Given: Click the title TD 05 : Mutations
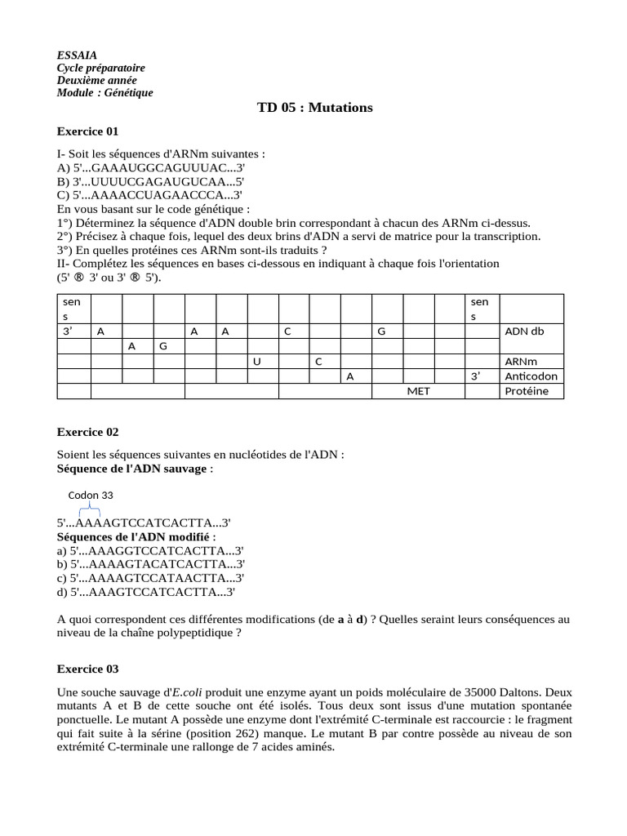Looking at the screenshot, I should point(314,108).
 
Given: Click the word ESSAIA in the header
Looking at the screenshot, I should point(77,55).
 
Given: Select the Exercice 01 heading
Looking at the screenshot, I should point(88,131).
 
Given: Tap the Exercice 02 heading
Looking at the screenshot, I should point(88,432).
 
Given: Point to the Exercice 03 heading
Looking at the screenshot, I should point(88,669).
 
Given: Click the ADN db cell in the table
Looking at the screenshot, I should point(523,331).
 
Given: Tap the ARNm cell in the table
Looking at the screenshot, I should point(520,361).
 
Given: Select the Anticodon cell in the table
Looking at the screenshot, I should point(530,376).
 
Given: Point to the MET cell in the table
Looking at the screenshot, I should point(419,391).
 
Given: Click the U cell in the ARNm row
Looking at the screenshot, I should point(256,361).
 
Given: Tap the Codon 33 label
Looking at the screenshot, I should point(91,495).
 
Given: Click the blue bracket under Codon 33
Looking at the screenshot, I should point(87,510).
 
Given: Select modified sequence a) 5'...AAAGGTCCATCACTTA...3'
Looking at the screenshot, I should point(151,551).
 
